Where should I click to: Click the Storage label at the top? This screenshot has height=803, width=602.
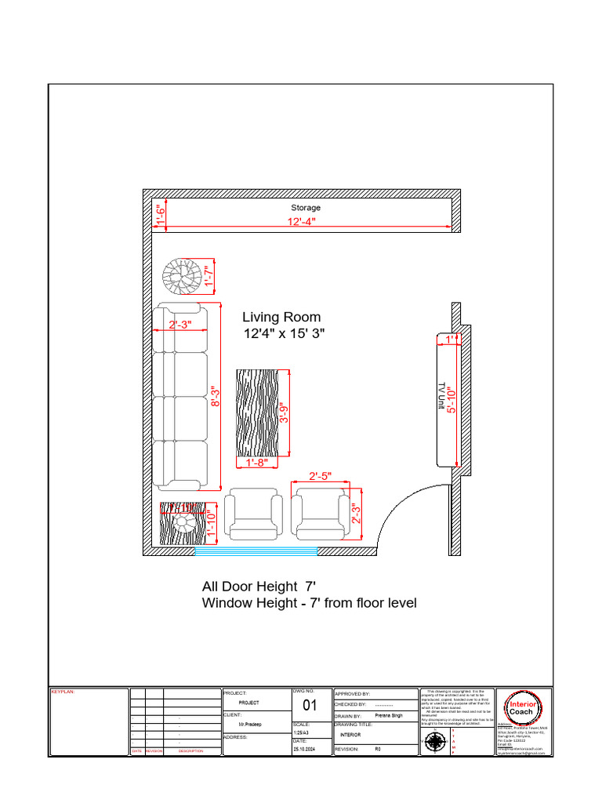click(x=306, y=208)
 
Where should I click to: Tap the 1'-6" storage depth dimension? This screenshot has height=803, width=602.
click(x=159, y=214)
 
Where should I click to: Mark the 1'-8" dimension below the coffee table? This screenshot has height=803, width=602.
click(x=257, y=463)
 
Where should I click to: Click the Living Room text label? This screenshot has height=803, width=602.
click(x=281, y=317)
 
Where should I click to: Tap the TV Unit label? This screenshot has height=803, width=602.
click(x=441, y=398)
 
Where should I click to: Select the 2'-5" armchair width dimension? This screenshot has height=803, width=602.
click(x=320, y=476)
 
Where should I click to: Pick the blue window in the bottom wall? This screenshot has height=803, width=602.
click(x=256, y=551)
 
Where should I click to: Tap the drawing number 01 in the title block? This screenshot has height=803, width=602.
click(x=310, y=705)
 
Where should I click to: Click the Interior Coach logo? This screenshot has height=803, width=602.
click(x=521, y=707)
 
